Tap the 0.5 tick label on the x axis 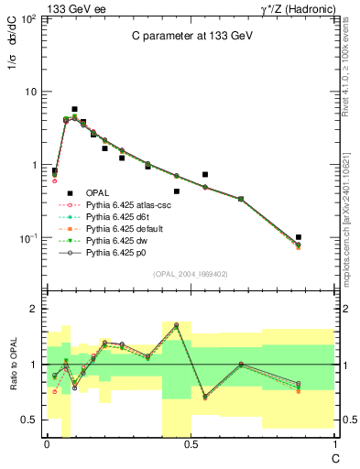click(x=190, y=443)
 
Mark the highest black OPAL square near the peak click(x=75, y=109)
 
